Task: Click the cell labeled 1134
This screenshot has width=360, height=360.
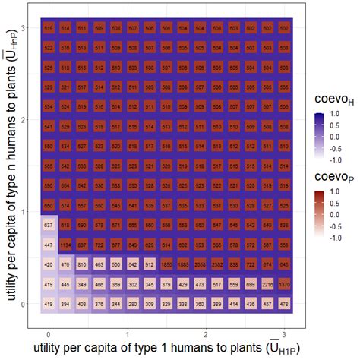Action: (x=65, y=245)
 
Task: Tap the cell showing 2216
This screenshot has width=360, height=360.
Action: (x=267, y=284)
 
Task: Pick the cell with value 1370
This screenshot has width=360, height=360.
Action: (x=283, y=284)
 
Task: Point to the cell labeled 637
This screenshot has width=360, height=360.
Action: (x=49, y=225)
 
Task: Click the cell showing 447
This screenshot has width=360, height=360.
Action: (x=49, y=245)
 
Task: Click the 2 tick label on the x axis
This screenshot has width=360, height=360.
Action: (x=206, y=333)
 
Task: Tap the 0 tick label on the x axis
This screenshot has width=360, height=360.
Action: (x=49, y=333)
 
